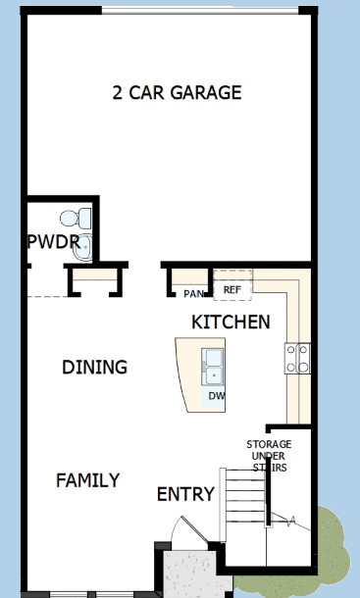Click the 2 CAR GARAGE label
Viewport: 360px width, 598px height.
177,93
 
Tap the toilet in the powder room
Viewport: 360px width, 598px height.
76,219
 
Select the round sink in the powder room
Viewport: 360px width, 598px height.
82,247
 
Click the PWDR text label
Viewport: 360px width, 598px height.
53,242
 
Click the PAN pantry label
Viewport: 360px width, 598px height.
193,294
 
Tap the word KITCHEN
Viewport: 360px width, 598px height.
231,322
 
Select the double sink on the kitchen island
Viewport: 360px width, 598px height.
213,367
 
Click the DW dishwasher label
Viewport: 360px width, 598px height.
216,396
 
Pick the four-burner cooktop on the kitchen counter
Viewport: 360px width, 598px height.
297,358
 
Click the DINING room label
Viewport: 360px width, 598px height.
95,367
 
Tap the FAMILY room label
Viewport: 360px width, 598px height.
88,480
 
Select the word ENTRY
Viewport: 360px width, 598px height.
186,494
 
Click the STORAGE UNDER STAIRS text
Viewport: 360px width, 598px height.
269,456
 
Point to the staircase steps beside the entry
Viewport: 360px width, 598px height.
244,496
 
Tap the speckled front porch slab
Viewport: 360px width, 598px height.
195,573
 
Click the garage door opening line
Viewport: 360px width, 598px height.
200,11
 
